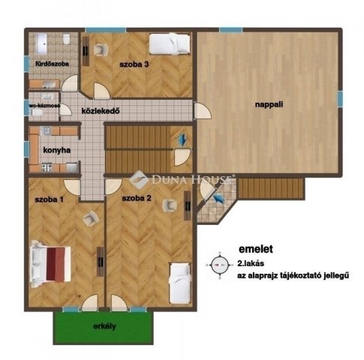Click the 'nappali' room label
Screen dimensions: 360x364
coord(268,106)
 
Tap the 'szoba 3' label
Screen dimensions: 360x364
coord(135,64)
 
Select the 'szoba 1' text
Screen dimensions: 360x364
coord(50,199)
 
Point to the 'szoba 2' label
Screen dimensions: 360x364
coord(137,198)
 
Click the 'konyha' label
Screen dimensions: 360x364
coord(57,150)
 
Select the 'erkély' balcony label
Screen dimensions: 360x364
coord(104,326)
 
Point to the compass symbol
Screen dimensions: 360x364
coord(220,264)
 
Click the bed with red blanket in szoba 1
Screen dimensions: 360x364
coord(52,265)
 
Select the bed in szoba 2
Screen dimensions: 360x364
coord(180,283)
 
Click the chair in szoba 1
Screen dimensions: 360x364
coord(90,217)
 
